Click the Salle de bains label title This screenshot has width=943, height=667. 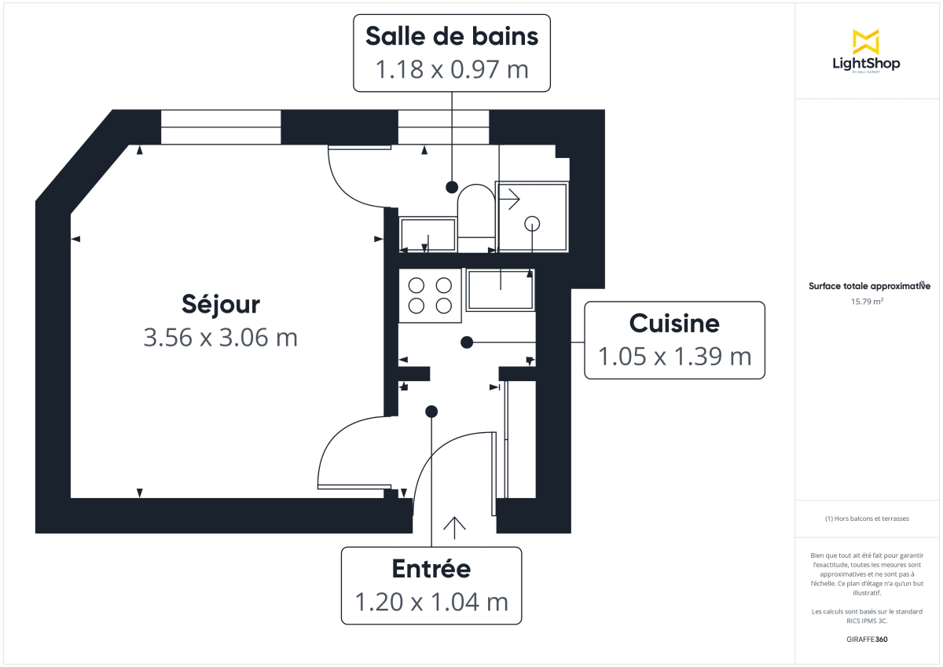coord(452,36)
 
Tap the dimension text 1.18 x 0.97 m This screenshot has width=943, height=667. coord(452,70)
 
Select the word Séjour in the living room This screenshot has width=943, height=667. coord(221,303)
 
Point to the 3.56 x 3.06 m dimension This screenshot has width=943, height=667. coord(221,338)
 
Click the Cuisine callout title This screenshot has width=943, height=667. coord(674,323)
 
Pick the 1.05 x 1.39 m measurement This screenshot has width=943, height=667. coord(674,357)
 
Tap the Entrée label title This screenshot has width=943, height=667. coord(431,568)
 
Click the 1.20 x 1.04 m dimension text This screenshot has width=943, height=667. coord(431,603)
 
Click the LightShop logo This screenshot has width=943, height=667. coord(866,50)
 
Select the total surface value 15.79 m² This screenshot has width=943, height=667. coord(868,301)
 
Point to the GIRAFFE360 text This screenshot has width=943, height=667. coord(868,640)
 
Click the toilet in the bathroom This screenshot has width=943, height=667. coord(475,212)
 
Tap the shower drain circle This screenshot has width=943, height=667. coord(532,223)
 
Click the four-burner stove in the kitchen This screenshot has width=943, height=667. coord(430,295)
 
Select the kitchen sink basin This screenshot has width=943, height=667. coord(501,289)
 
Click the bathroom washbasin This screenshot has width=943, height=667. coord(428,234)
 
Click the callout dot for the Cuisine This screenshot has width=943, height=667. coord(467,342)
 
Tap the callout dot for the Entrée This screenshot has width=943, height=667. coord(431,411)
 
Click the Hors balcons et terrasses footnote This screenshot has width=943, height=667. coord(868,519)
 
